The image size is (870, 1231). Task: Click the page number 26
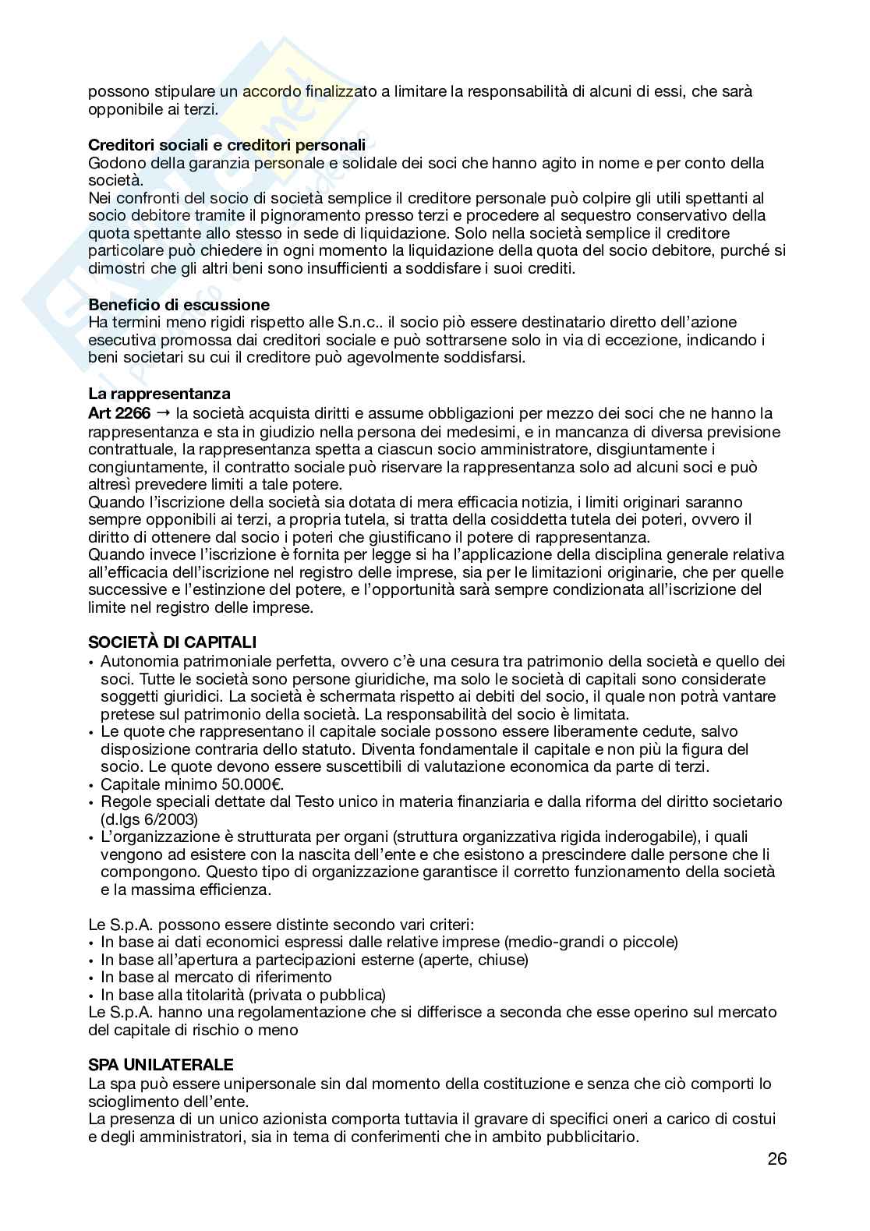click(776, 1158)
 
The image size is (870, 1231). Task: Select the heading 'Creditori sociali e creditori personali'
click(227, 145)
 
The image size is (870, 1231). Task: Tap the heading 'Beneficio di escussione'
click(179, 304)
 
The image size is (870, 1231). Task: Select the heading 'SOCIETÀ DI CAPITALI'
click(172, 642)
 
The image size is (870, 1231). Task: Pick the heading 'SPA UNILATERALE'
click(161, 1065)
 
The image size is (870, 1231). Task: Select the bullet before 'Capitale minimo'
click(92, 785)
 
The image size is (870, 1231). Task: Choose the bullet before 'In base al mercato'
click(92, 978)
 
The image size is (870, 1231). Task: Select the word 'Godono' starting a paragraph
click(113, 163)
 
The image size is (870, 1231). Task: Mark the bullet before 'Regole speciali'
click(92, 802)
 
